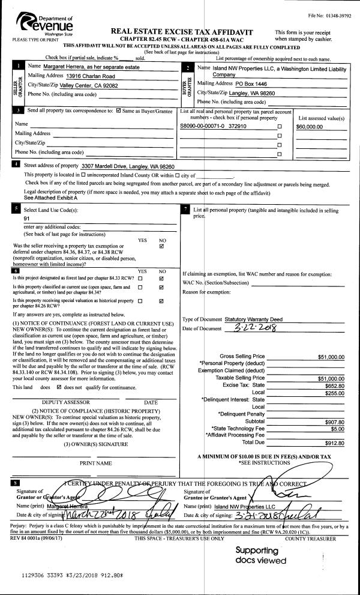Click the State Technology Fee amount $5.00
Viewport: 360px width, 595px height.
click(337, 429)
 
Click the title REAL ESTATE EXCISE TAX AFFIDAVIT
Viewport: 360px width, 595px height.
click(182, 31)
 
